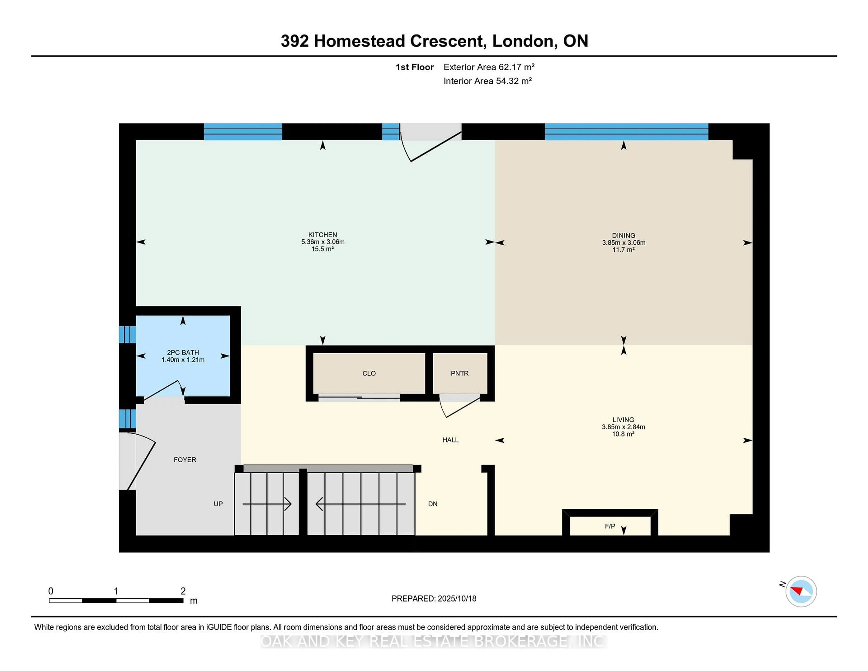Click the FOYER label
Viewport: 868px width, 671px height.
pos(185,460)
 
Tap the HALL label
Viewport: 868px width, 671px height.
pos(450,440)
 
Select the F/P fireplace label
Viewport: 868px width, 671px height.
pos(610,526)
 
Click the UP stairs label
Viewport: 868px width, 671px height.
pos(218,504)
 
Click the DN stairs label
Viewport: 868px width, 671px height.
pos(432,504)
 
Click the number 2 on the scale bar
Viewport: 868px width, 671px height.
pos(183,591)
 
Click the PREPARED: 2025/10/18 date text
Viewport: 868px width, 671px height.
pos(434,598)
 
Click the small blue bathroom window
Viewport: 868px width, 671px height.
pos(127,334)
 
